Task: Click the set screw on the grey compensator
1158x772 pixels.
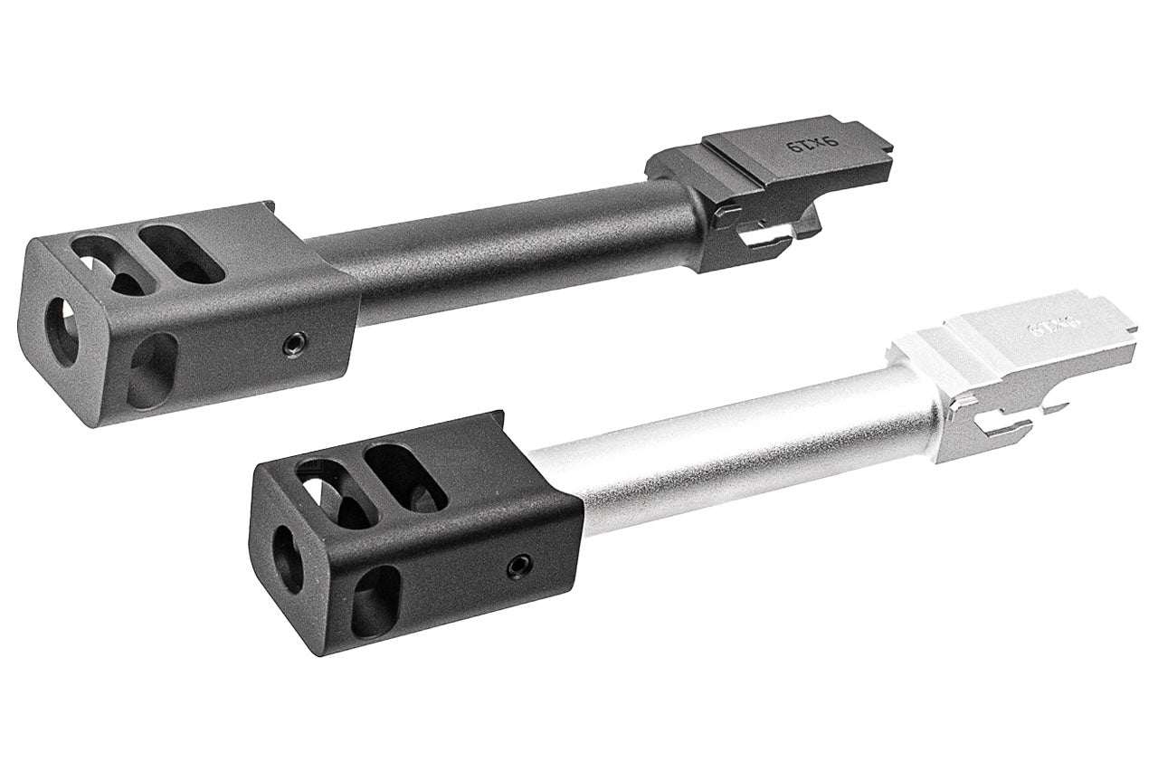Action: [292, 342]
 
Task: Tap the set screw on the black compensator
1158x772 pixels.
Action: [518, 567]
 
